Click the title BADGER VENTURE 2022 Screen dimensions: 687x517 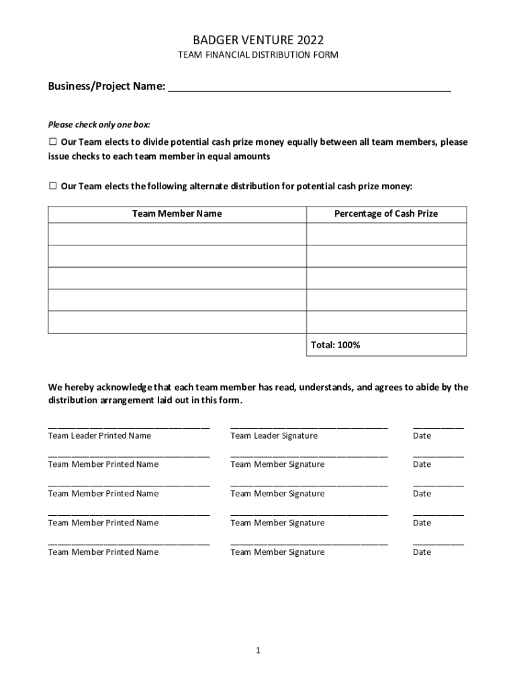click(258, 40)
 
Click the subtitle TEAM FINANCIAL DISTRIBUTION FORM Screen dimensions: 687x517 click(258, 55)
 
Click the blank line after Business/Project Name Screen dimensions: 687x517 click(309, 88)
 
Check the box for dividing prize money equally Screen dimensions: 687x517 click(52, 142)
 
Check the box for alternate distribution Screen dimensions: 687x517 click(52, 186)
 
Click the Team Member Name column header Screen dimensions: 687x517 click(177, 214)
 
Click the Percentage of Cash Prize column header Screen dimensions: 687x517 click(386, 214)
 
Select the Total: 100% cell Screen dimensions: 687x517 click(386, 345)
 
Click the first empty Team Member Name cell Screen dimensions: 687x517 click(177, 234)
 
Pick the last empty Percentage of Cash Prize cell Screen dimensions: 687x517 click(386, 322)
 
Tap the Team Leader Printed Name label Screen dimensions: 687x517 click(99, 436)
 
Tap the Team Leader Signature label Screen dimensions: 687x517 click(274, 436)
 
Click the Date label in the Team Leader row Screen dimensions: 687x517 click(422, 436)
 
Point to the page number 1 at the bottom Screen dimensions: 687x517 click(258, 651)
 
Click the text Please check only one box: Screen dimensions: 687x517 click(99, 125)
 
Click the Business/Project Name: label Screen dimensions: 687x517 click(106, 87)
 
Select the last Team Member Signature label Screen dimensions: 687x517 click(277, 552)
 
